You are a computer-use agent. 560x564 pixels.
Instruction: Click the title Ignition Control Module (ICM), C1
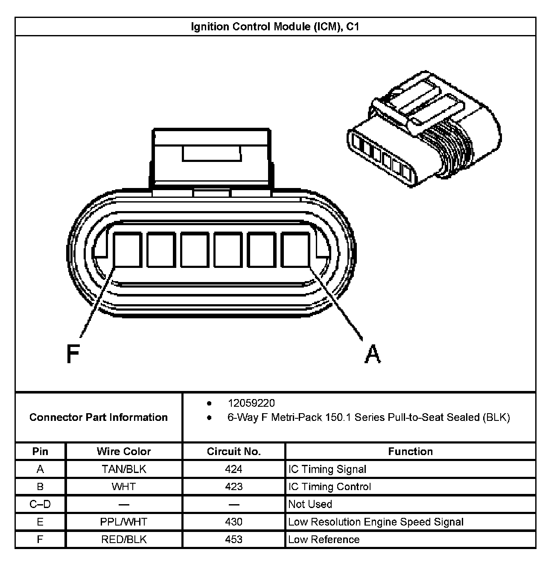click(275, 27)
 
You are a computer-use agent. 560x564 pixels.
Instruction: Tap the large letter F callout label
click(73, 353)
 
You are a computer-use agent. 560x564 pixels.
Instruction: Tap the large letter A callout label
click(372, 354)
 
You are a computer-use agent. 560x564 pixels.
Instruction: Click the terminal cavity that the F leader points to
click(128, 250)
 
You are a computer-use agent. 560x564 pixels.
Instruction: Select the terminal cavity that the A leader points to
click(296, 250)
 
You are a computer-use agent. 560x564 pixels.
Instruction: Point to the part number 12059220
click(251, 403)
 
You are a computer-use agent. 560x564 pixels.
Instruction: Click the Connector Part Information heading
click(99, 417)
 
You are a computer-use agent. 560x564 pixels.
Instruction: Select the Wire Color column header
click(124, 451)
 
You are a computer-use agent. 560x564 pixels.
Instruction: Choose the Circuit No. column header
click(233, 451)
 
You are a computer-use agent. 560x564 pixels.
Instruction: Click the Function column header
click(410, 451)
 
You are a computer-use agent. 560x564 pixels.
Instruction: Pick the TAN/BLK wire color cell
click(124, 469)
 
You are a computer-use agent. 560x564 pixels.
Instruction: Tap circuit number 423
click(233, 487)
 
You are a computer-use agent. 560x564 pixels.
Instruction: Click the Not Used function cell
click(310, 504)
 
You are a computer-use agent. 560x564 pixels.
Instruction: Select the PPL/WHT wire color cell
click(124, 522)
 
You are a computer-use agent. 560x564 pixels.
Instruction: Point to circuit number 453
click(233, 539)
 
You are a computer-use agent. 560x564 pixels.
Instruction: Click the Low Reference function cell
click(324, 539)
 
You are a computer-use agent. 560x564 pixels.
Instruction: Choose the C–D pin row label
click(40, 504)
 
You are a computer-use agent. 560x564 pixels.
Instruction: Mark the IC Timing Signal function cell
click(327, 469)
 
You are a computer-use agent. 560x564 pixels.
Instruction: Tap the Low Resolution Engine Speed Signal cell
click(376, 522)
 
